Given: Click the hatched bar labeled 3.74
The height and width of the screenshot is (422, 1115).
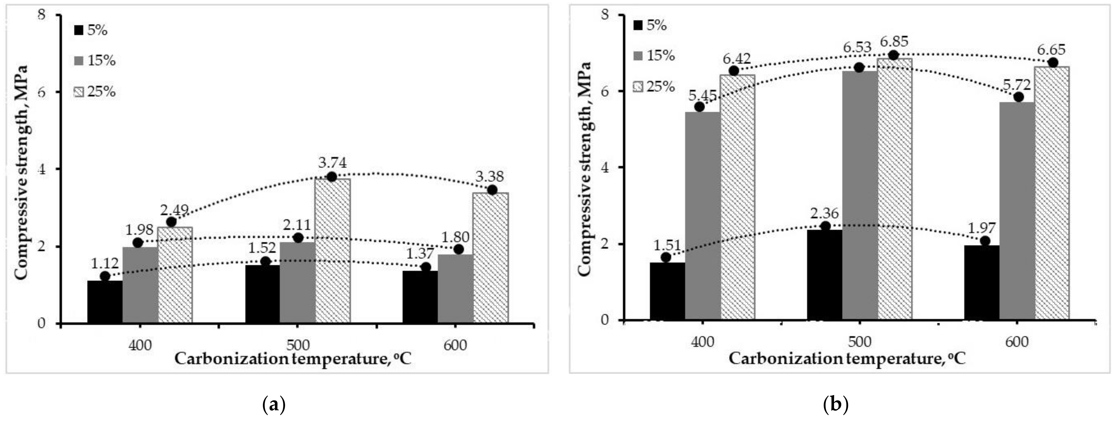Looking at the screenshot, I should [x=333, y=251].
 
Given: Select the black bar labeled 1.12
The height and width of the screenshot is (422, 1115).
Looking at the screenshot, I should [x=105, y=302].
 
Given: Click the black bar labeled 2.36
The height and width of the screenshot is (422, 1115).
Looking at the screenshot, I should [x=825, y=275].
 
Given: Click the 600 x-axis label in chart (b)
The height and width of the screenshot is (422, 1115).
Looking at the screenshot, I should [x=1016, y=342].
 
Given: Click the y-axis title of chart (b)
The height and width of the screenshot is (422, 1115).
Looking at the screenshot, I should [x=584, y=169].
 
